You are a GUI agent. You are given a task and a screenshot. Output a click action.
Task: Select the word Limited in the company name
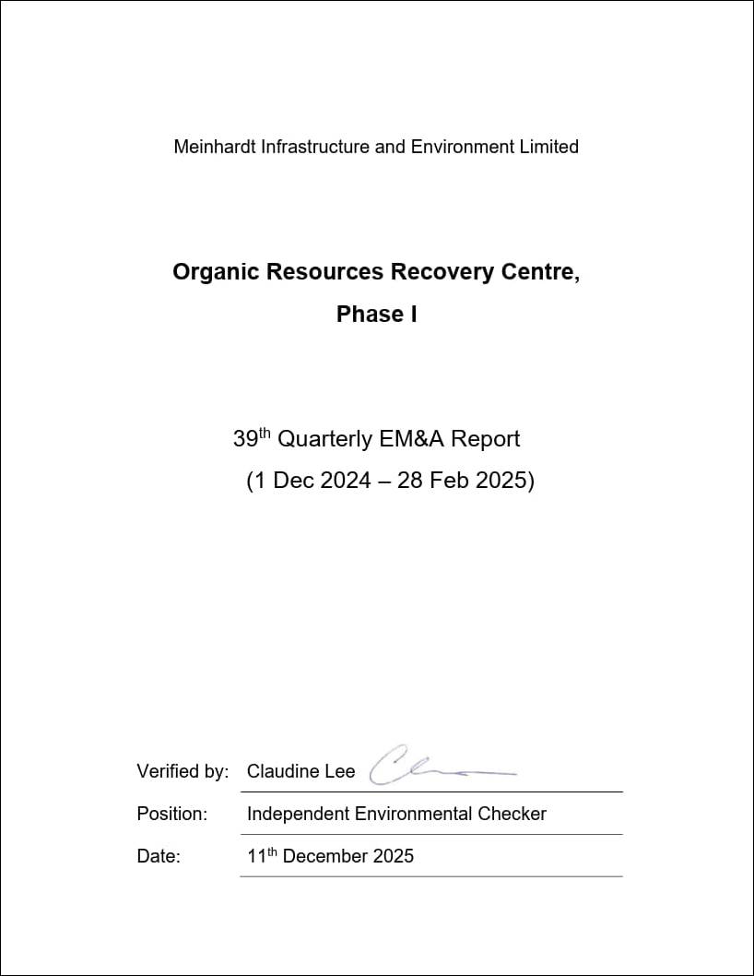[548, 147]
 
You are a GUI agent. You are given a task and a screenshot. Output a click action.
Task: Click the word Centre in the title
[544, 273]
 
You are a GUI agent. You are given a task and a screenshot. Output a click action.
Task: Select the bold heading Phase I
[376, 315]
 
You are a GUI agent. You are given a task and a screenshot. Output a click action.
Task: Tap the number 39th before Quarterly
[252, 439]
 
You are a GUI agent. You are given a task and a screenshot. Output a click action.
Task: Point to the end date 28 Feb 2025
[462, 482]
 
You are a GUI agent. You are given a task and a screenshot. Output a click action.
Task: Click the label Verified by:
[183, 772]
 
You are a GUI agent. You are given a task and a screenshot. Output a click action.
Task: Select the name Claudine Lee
[300, 772]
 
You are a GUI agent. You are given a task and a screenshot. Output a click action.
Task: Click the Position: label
[171, 815]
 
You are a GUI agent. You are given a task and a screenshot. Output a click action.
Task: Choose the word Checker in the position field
[512, 815]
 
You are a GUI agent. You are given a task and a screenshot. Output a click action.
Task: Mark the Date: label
[159, 857]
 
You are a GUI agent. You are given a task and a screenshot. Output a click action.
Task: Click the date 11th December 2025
[330, 856]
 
